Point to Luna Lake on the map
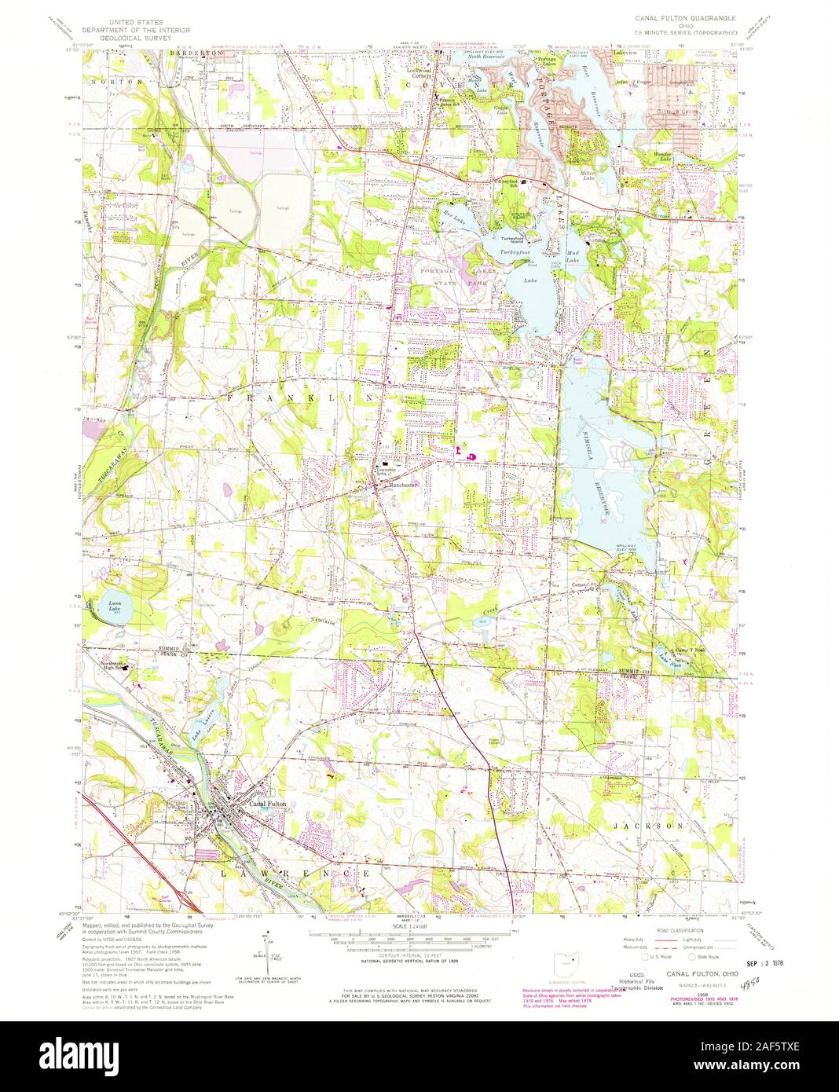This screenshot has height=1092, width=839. pyautogui.click(x=109, y=606)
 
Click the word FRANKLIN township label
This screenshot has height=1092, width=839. pyautogui.click(x=304, y=399)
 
